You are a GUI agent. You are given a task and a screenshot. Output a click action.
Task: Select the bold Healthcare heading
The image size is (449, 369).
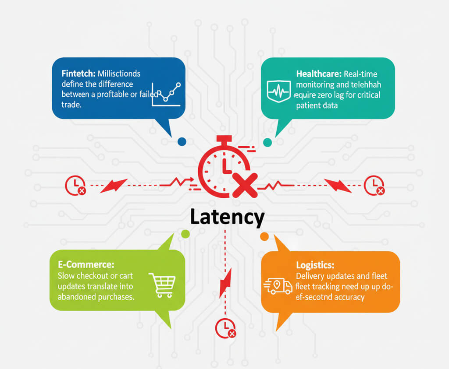click(x=319, y=74)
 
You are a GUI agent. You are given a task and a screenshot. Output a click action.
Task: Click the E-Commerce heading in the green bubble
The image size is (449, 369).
click(x=86, y=265)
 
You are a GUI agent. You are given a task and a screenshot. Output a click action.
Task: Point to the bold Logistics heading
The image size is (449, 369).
click(x=315, y=265)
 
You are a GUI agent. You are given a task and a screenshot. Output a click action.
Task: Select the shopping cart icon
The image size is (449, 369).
click(x=162, y=285)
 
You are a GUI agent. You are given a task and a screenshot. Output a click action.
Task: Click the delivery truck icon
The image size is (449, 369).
click(x=278, y=286)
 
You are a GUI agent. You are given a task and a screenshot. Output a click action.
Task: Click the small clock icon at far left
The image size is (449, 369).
click(x=76, y=185)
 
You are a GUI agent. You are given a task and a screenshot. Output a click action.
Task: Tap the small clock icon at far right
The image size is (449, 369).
click(x=374, y=185)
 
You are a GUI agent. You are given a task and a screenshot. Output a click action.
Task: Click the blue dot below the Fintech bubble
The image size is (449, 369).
click(x=182, y=141)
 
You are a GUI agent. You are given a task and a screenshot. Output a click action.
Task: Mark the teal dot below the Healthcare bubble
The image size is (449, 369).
click(x=267, y=142)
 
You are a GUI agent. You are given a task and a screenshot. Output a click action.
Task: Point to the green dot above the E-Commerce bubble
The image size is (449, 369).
click(x=185, y=234)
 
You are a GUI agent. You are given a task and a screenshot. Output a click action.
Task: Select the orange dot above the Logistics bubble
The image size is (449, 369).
click(x=264, y=237)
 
